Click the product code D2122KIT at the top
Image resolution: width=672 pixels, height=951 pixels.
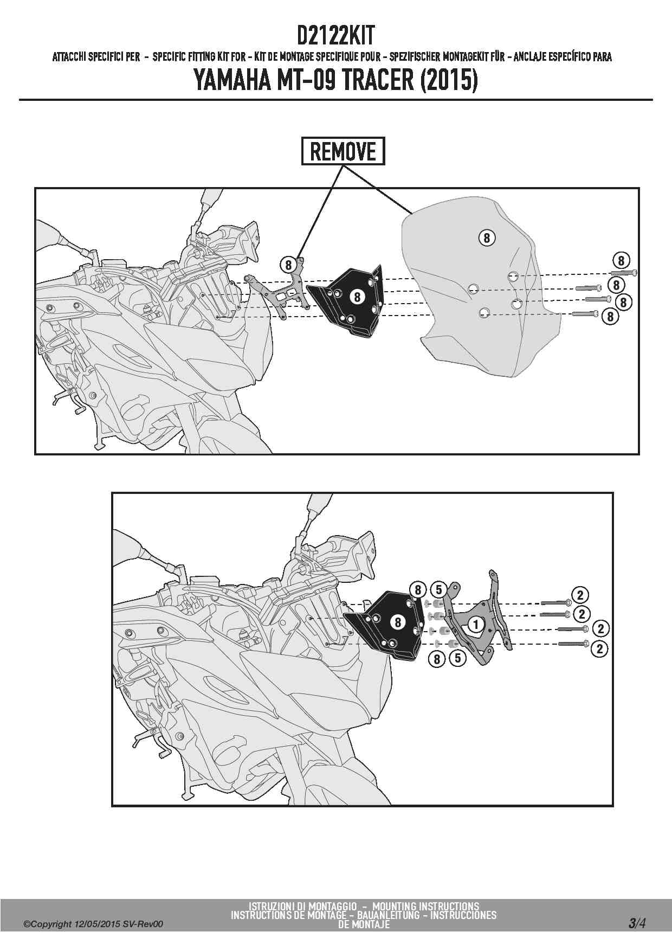pyautogui.click(x=335, y=36)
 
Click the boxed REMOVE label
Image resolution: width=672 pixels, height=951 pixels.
pyautogui.click(x=343, y=151)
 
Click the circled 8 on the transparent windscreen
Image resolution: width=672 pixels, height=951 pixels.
pyautogui.click(x=487, y=237)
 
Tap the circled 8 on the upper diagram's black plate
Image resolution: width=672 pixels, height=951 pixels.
pyautogui.click(x=357, y=297)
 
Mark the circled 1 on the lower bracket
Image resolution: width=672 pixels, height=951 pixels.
pyautogui.click(x=476, y=625)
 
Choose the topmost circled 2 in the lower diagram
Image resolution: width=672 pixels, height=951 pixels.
pyautogui.click(x=580, y=595)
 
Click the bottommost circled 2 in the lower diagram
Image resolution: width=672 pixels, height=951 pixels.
pyautogui.click(x=599, y=648)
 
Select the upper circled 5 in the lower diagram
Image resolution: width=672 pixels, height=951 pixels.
pyautogui.click(x=438, y=590)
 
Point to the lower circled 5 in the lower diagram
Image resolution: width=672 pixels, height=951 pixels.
pyautogui.click(x=458, y=659)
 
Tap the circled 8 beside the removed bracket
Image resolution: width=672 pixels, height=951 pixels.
pyautogui.click(x=288, y=265)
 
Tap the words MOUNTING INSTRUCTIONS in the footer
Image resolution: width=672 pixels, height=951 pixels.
pyautogui.click(x=426, y=906)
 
